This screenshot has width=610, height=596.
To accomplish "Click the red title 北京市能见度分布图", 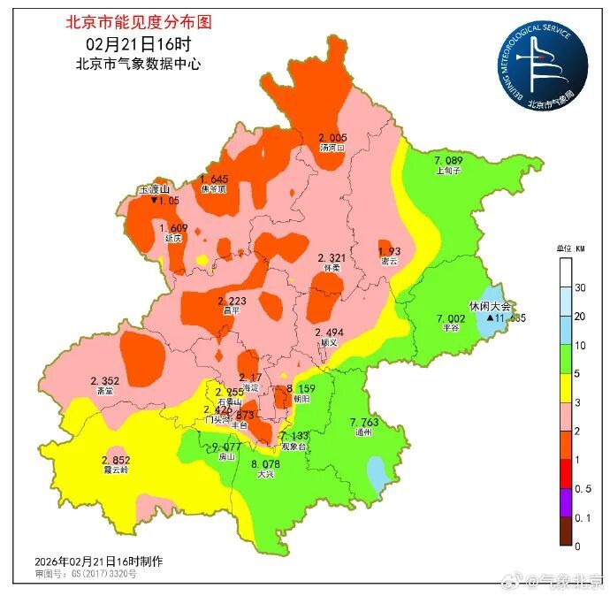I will coord(139,22).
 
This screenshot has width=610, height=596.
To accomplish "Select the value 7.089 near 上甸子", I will coord(448,159).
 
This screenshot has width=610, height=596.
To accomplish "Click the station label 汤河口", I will coord(332,149).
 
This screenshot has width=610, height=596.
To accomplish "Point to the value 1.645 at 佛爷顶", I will coord(213,179).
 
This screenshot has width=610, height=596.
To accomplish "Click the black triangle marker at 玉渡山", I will coord(154,202).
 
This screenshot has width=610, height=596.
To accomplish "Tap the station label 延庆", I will coord(172,239).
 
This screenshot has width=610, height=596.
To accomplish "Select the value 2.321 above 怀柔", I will coord(332,256).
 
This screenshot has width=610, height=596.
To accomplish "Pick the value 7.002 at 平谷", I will coord(450,318).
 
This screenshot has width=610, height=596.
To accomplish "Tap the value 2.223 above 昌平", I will coord(232,302).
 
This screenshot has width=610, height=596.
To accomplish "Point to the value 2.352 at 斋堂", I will coord(104,380).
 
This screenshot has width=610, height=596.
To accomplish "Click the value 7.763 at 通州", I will coord(364,423).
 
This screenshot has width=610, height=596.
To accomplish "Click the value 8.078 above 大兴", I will coord(266,464).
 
